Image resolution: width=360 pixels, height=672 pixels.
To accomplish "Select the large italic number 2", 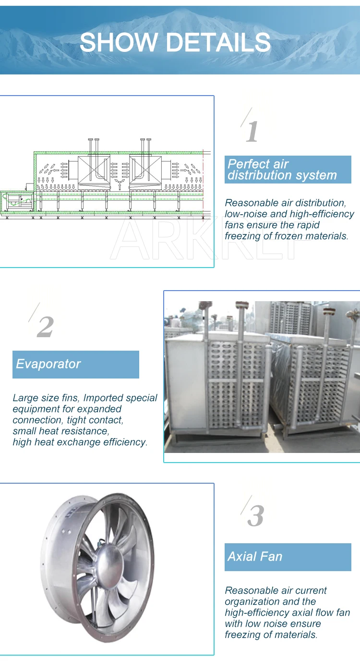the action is tap(45, 327).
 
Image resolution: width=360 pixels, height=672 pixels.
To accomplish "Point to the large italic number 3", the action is tap(255, 516).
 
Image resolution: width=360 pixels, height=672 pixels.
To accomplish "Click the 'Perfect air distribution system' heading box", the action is tap(288, 170).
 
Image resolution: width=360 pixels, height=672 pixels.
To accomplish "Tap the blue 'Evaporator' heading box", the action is tap(76, 364).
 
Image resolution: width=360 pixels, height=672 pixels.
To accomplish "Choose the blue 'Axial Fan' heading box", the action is tap(288, 557).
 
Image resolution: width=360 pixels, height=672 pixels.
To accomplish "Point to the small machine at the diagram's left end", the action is tap(17, 201).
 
